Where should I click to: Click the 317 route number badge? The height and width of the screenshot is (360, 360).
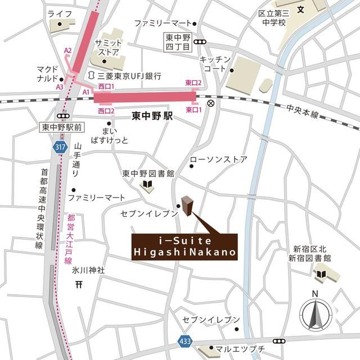pos(60,147)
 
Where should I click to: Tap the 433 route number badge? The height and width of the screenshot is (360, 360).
pos(186,341)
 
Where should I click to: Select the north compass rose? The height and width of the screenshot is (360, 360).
pos(315,313)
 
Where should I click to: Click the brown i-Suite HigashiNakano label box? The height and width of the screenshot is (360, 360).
pos(184,248)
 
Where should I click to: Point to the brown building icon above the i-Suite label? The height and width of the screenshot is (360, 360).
pos(187,206)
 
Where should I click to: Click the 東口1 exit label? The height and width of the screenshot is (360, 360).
pos(193,110)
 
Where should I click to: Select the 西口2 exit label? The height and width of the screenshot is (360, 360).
pos(106,111)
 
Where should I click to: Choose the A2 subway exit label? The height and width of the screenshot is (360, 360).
pos(68,51)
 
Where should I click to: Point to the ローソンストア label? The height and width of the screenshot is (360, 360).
pos(218,160)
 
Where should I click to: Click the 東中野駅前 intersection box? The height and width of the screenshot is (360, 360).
pos(62,128)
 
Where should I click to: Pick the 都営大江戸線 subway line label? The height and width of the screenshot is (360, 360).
pos(69,238)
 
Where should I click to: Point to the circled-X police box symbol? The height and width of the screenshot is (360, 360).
pos(211,104)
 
